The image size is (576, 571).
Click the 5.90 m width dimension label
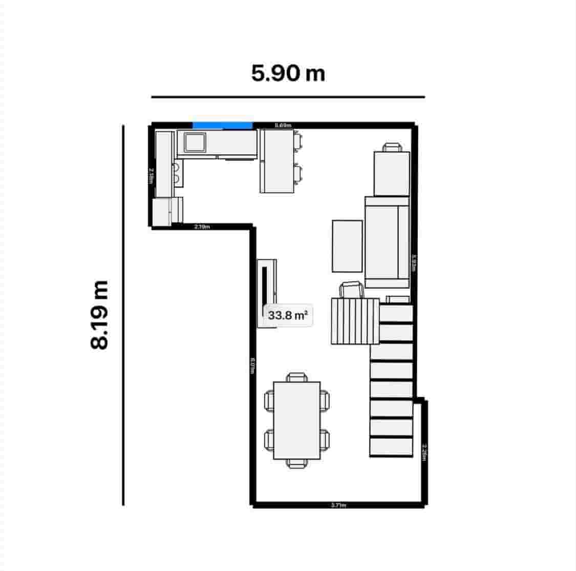288,73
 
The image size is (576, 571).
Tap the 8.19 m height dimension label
99,315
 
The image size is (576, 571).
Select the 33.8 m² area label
288,315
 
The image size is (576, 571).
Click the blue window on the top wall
222,125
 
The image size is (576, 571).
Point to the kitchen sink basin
195,142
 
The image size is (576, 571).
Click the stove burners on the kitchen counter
176,173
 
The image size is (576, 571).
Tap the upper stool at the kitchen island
298,141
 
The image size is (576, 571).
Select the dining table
297,420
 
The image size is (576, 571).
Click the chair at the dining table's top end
297,377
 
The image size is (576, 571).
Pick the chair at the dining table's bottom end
297,463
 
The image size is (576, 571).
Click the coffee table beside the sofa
347,246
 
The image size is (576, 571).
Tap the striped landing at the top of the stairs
355,321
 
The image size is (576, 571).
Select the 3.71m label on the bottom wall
338,505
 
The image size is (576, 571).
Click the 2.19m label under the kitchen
202,227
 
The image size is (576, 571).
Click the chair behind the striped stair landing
352,290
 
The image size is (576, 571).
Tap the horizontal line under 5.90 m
288,96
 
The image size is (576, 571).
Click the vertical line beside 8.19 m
123,315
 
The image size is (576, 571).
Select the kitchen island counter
276,161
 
